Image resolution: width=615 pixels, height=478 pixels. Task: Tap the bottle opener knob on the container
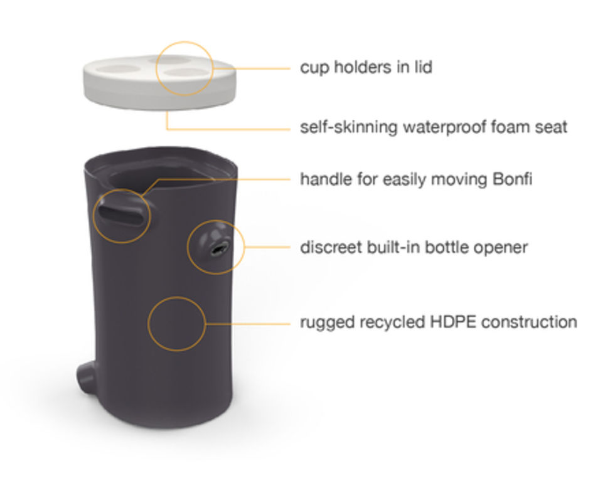[x=213, y=245]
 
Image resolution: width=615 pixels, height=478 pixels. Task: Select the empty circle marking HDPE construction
[x=177, y=323]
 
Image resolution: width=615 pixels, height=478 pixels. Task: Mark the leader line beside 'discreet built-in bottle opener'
[x=266, y=247]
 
